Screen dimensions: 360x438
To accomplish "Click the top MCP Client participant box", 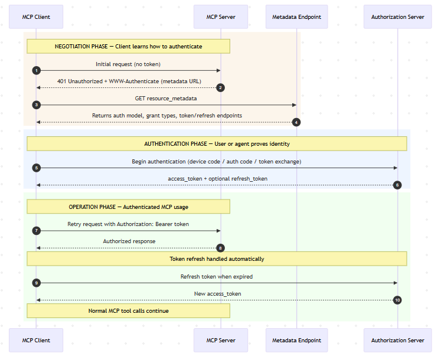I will point(36,17).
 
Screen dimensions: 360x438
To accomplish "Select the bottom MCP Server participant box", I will point(221,341).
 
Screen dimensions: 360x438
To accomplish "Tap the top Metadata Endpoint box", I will point(296,17).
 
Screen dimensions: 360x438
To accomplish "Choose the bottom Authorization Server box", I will point(398,341).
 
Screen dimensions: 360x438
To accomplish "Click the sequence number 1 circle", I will point(37,70).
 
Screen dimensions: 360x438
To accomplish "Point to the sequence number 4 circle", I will point(296,122).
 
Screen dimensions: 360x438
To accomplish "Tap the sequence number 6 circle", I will point(397,185).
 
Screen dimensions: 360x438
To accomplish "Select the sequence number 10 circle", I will point(397,300).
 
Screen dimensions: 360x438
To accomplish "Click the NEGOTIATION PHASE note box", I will point(128,47).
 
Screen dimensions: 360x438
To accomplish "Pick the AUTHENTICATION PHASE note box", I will point(217,143).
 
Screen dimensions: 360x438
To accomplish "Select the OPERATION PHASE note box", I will point(128,206).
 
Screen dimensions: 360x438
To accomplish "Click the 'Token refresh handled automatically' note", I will point(217,258).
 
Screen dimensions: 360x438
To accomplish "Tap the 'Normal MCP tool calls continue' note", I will point(128,310).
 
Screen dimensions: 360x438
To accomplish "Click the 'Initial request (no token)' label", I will point(128,64).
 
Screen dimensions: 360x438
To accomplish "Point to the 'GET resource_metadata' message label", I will point(166,98).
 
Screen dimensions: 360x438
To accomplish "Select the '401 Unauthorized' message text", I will point(128,81).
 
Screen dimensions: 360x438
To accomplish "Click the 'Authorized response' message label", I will point(129,241).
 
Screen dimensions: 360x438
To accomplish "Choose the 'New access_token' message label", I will point(217,293).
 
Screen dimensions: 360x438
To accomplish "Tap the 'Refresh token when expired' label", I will point(217,276).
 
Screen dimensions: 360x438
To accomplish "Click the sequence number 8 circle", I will point(221,248).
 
